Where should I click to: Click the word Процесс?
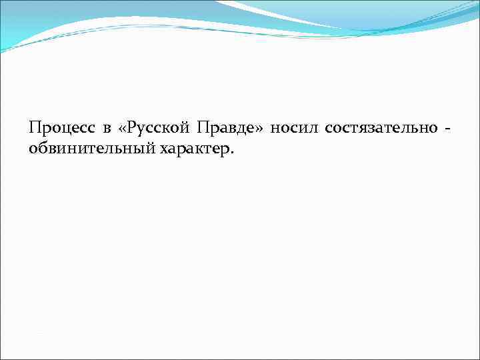pyautogui.click(x=60, y=127)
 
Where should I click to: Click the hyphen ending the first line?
pyautogui.click(x=438, y=128)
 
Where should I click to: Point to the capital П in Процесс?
pyautogui.click(x=35, y=127)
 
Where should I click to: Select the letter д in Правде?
pyautogui.click(x=238, y=128)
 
